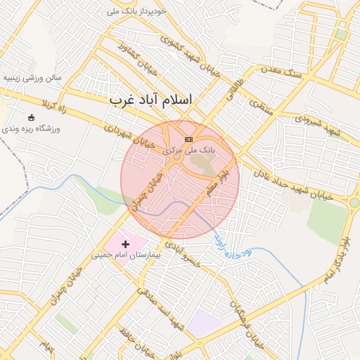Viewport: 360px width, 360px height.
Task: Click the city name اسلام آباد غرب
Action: (150, 101)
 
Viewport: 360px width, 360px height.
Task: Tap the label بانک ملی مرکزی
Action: (188, 150)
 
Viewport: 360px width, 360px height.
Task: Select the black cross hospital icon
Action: (126, 243)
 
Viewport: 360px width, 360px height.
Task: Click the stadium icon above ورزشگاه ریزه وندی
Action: (31, 117)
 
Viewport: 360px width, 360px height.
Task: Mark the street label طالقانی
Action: (236, 91)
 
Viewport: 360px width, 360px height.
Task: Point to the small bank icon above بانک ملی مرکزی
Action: (188, 139)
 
